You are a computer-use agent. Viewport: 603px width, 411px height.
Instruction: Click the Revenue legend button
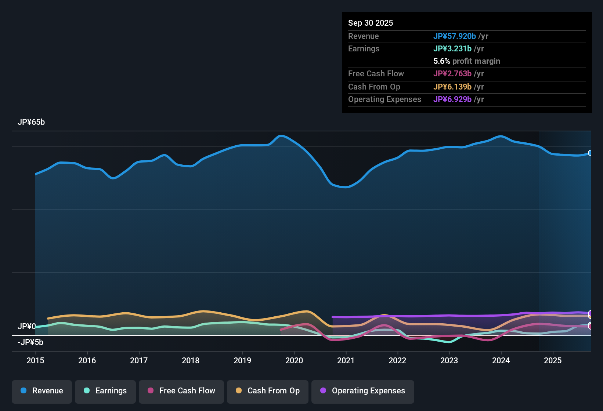click(42, 391)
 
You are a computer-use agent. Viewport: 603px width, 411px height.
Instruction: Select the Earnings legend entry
click(105, 391)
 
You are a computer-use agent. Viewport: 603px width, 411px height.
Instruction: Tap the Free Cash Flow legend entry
click(181, 391)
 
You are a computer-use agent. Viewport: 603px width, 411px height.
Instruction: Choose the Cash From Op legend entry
click(268, 391)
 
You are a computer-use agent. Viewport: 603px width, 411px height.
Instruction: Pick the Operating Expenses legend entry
click(363, 391)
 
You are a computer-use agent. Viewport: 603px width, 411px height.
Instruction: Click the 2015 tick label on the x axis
click(35, 360)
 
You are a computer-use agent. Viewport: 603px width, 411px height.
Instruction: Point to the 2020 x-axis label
click(294, 360)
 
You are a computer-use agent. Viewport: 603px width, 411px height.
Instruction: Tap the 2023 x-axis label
click(449, 360)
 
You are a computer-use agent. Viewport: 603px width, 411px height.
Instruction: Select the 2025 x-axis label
click(553, 360)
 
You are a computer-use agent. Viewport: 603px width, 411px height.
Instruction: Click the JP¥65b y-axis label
click(31, 122)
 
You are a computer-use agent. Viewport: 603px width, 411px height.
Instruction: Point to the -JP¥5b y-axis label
click(30, 342)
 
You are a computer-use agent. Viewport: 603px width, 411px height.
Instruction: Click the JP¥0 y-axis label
click(27, 326)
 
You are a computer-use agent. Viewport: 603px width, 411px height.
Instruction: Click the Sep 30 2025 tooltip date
click(371, 23)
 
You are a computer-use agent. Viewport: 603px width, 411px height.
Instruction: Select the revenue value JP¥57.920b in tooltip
click(455, 36)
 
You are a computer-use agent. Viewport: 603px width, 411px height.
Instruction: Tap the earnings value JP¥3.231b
click(452, 49)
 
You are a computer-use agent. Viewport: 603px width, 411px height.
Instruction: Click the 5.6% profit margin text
click(467, 61)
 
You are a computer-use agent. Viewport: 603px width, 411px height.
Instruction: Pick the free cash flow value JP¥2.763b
click(452, 74)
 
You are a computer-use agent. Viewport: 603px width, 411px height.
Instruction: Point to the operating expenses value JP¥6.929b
click(452, 99)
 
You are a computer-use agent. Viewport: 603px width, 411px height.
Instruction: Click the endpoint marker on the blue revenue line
click(590, 153)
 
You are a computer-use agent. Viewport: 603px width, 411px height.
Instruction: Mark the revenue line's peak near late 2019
click(281, 136)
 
